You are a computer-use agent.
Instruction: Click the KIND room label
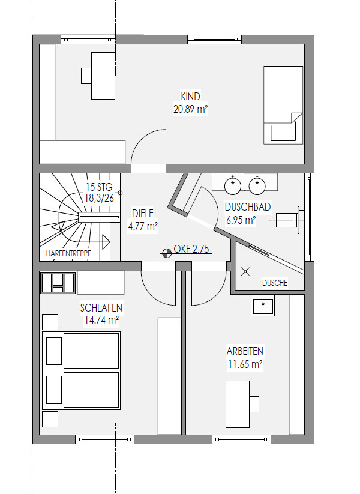click(190, 97)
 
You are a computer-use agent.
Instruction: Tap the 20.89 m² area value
click(191, 109)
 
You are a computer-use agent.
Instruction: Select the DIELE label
click(143, 214)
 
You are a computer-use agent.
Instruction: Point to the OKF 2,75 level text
click(191, 249)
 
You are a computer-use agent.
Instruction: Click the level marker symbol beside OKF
click(166, 252)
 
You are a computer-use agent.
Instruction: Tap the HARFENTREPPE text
click(68, 253)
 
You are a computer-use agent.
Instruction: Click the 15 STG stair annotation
click(99, 187)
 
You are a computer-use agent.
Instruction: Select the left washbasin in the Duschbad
click(233, 186)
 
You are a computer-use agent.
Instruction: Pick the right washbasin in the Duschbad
click(257, 186)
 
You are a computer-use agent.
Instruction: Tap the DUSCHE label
click(275, 283)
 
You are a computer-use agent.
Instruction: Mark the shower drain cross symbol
click(245, 271)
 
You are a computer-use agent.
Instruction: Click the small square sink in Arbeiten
click(263, 305)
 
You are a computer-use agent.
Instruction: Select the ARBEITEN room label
click(245, 351)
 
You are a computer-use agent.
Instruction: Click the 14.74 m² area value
click(101, 320)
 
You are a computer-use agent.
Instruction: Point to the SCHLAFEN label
click(101, 307)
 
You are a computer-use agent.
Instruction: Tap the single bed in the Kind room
click(283, 105)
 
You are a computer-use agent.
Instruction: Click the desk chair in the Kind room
click(86, 76)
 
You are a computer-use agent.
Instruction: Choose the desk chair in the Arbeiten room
click(254, 404)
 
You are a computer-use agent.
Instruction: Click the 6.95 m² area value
click(241, 220)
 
